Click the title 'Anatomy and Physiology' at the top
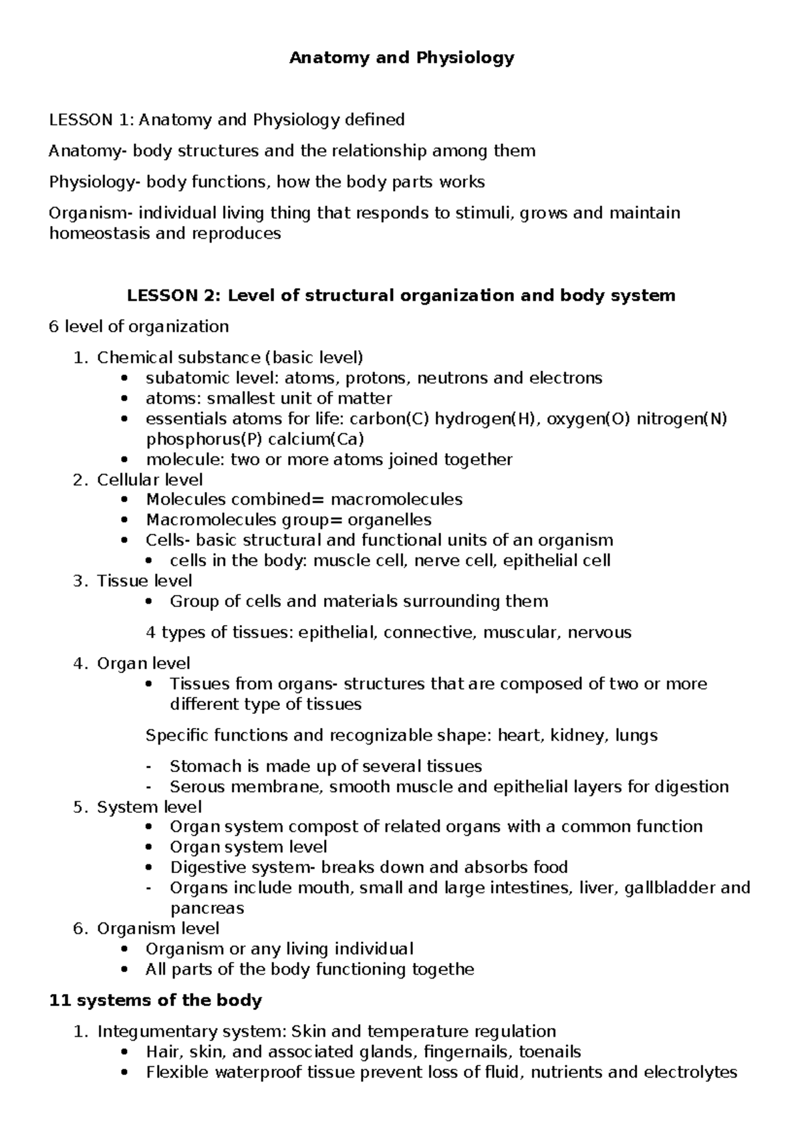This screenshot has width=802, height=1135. (401, 58)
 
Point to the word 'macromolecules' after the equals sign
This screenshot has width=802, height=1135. (396, 499)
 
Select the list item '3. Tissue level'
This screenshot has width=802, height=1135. (132, 581)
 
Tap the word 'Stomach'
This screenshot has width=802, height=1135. (203, 766)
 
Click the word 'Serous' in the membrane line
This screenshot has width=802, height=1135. (198, 787)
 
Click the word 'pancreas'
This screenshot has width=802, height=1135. (207, 908)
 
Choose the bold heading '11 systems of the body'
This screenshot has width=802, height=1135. (156, 1001)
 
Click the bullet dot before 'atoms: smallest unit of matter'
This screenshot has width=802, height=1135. (124, 399)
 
